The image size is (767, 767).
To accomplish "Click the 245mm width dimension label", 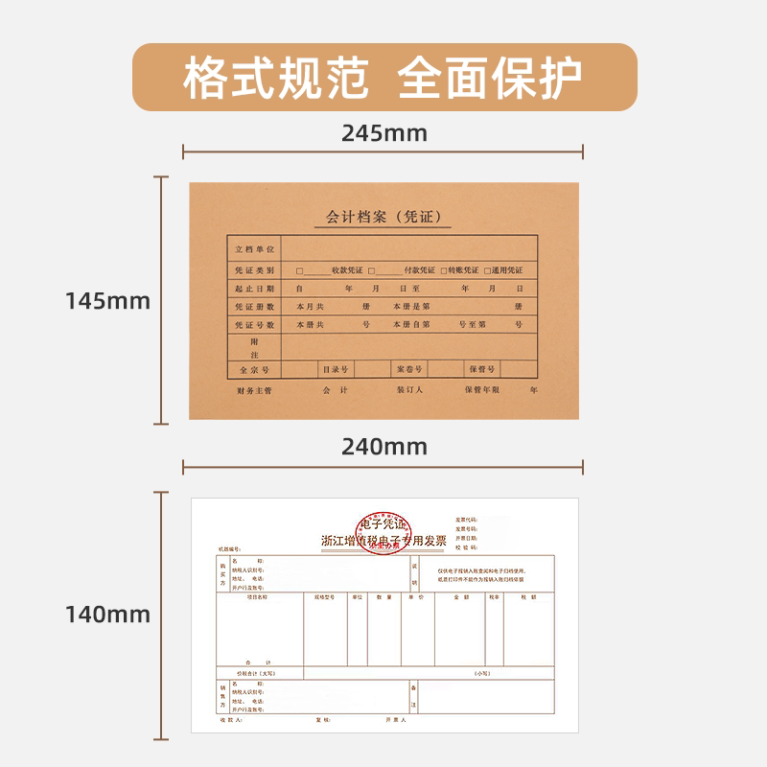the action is (383, 133).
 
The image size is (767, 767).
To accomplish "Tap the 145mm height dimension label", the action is (108, 301).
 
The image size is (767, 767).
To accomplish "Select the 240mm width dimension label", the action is (383, 447).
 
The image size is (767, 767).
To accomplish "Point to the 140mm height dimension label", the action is (108, 614).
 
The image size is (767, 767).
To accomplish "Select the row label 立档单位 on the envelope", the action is (255, 249).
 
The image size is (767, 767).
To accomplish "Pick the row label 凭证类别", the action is (255, 270).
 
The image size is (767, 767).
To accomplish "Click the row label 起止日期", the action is (255, 289).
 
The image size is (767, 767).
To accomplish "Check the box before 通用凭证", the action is (488, 270).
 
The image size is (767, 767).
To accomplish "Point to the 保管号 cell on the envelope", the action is (481, 369).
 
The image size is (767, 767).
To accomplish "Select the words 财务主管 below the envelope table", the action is (255, 391).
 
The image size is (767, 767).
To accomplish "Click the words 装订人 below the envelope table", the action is (410, 391).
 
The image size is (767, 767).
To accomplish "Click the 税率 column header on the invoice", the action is (494, 596).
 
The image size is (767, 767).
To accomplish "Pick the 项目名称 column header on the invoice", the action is (257, 596).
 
